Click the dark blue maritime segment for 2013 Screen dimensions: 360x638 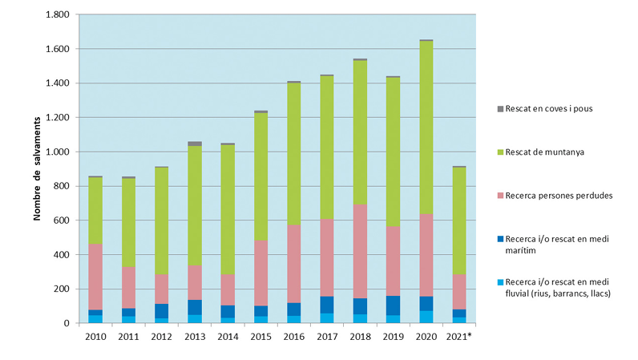[195, 307]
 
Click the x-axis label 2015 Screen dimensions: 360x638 [260, 337]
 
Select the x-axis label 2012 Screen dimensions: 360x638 [162, 337]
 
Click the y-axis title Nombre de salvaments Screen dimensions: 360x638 [38, 168]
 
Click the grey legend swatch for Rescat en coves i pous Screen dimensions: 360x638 [499, 108]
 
